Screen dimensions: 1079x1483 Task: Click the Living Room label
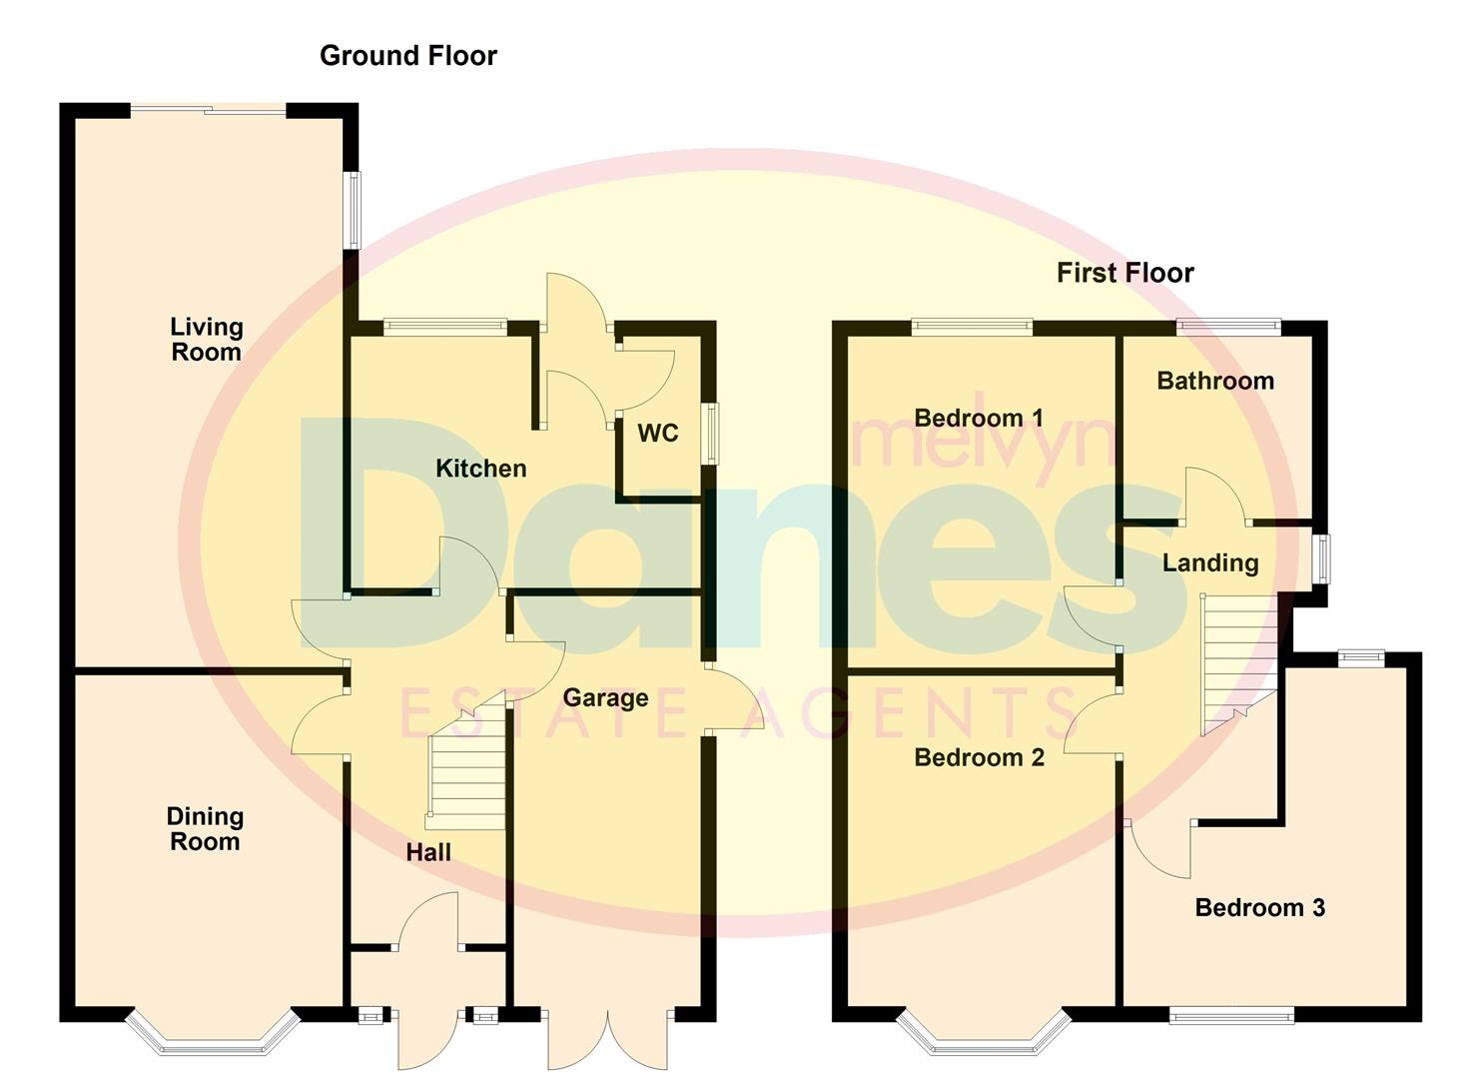(x=206, y=340)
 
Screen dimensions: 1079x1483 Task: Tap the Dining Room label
(x=205, y=829)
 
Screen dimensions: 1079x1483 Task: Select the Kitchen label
(x=480, y=469)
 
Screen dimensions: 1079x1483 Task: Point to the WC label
(x=658, y=433)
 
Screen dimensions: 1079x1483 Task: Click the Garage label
(x=605, y=697)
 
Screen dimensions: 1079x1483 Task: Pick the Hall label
(x=428, y=852)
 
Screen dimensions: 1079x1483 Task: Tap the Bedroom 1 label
(x=979, y=418)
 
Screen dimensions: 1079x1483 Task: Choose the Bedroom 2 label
(x=979, y=757)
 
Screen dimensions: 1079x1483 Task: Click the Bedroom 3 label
(x=1259, y=907)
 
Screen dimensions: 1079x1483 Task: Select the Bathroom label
(x=1215, y=381)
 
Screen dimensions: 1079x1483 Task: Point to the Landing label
(x=1210, y=562)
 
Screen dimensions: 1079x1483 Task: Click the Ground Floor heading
(x=408, y=56)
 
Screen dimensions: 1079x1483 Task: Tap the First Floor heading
(x=1125, y=273)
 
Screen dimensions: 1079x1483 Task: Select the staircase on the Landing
(x=1238, y=659)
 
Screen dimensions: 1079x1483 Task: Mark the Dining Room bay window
(x=213, y=1035)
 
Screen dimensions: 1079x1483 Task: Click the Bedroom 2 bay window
(x=984, y=1035)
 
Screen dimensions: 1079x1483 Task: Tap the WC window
(x=711, y=433)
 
